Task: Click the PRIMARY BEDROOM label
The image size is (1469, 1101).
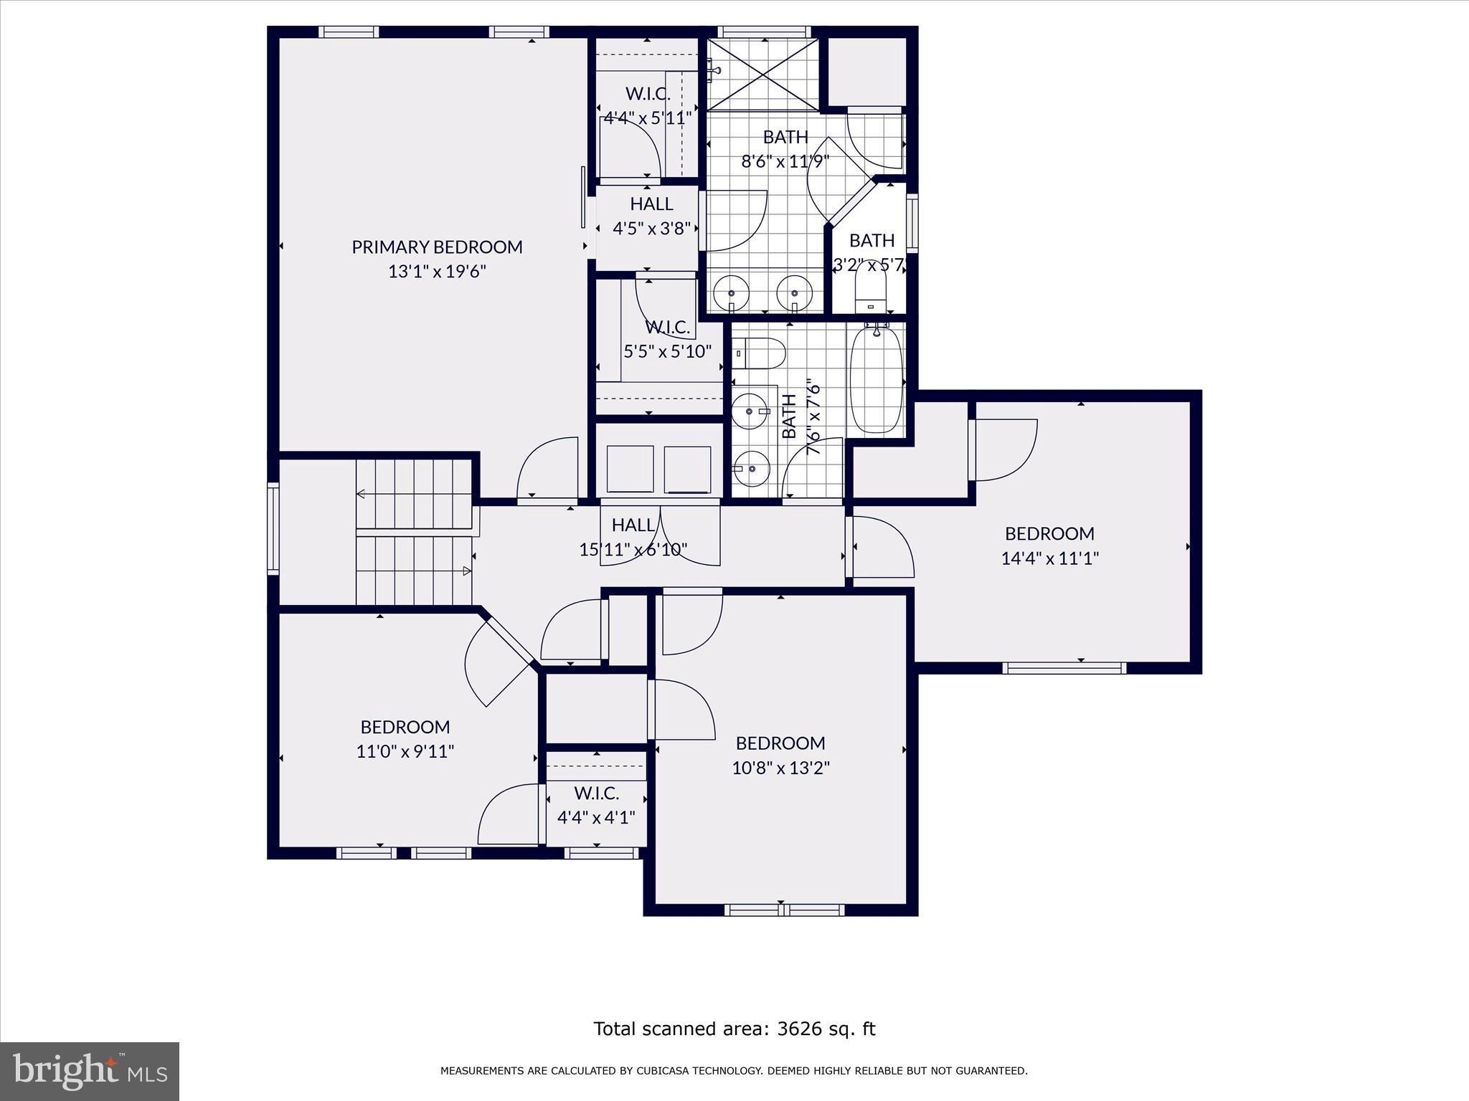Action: pyautogui.click(x=437, y=247)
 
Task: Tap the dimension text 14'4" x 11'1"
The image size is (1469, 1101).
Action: pyautogui.click(x=1049, y=558)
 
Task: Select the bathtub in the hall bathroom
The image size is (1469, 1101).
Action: pyautogui.click(x=876, y=379)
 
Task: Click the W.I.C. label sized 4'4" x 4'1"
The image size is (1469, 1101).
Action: pyautogui.click(x=596, y=793)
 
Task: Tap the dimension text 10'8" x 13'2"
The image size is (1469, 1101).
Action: pyautogui.click(x=780, y=768)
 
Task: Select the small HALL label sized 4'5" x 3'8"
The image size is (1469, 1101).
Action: pyautogui.click(x=651, y=204)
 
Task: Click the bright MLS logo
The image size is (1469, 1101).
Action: pyautogui.click(x=89, y=1072)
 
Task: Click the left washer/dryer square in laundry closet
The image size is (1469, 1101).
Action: pyautogui.click(x=630, y=468)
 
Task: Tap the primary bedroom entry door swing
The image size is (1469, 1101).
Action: pyautogui.click(x=547, y=470)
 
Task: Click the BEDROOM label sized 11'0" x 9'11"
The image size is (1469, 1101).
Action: pyautogui.click(x=405, y=727)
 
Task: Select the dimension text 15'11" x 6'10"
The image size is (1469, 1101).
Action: pyautogui.click(x=633, y=550)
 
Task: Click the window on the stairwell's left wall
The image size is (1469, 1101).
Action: pyautogui.click(x=273, y=528)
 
